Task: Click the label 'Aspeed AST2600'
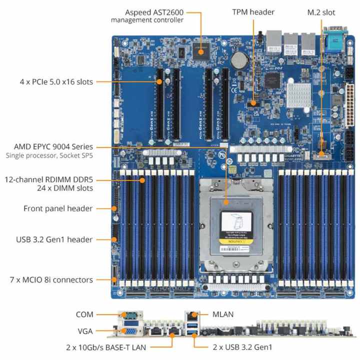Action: click(x=155, y=11)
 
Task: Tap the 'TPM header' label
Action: click(x=253, y=11)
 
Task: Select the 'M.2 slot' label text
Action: click(x=320, y=11)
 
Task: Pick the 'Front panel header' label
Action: click(x=58, y=208)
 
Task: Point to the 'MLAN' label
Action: click(x=222, y=314)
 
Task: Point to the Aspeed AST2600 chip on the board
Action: click(x=202, y=50)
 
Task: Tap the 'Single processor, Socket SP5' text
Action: click(x=49, y=156)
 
